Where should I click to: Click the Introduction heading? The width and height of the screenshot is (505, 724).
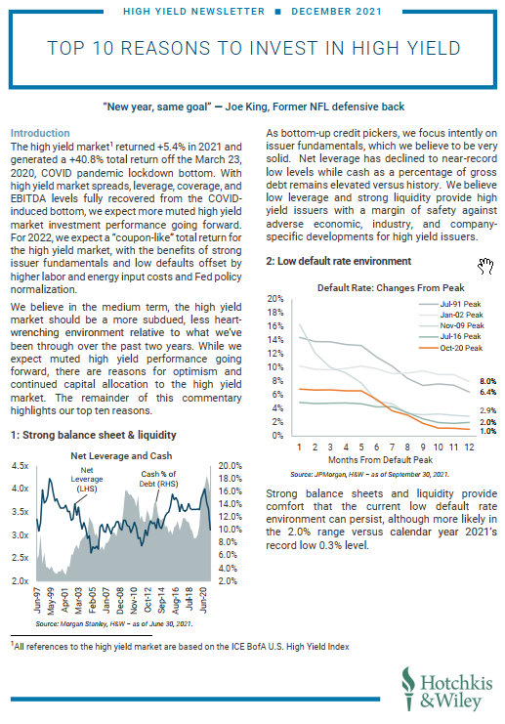coord(40,133)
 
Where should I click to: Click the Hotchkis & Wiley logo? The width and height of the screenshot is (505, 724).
coord(446,689)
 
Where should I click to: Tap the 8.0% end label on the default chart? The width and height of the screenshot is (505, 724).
coord(488,381)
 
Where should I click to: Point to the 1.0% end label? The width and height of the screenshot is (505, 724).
coord(488,431)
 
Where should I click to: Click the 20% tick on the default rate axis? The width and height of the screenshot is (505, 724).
coord(275,299)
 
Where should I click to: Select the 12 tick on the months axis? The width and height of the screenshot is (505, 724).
coord(469,447)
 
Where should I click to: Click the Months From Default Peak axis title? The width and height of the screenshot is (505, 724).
coord(380,459)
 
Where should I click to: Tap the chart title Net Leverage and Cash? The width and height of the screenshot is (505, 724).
coord(121,455)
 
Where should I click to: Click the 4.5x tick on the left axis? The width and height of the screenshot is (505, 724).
coord(20,465)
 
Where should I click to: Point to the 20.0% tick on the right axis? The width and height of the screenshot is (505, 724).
coord(230,465)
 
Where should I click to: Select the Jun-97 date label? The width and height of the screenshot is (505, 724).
coord(37,600)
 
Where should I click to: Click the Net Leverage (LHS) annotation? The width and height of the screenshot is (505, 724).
coord(87,479)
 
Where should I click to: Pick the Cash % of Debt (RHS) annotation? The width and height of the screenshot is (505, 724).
coord(159,479)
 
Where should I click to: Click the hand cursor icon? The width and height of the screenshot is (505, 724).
coord(485,266)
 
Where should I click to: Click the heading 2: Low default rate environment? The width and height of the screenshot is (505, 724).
coord(338,261)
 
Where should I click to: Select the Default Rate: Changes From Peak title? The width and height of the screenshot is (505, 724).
coord(391,287)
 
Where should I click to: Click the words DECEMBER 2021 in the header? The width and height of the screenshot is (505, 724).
coord(337,11)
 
